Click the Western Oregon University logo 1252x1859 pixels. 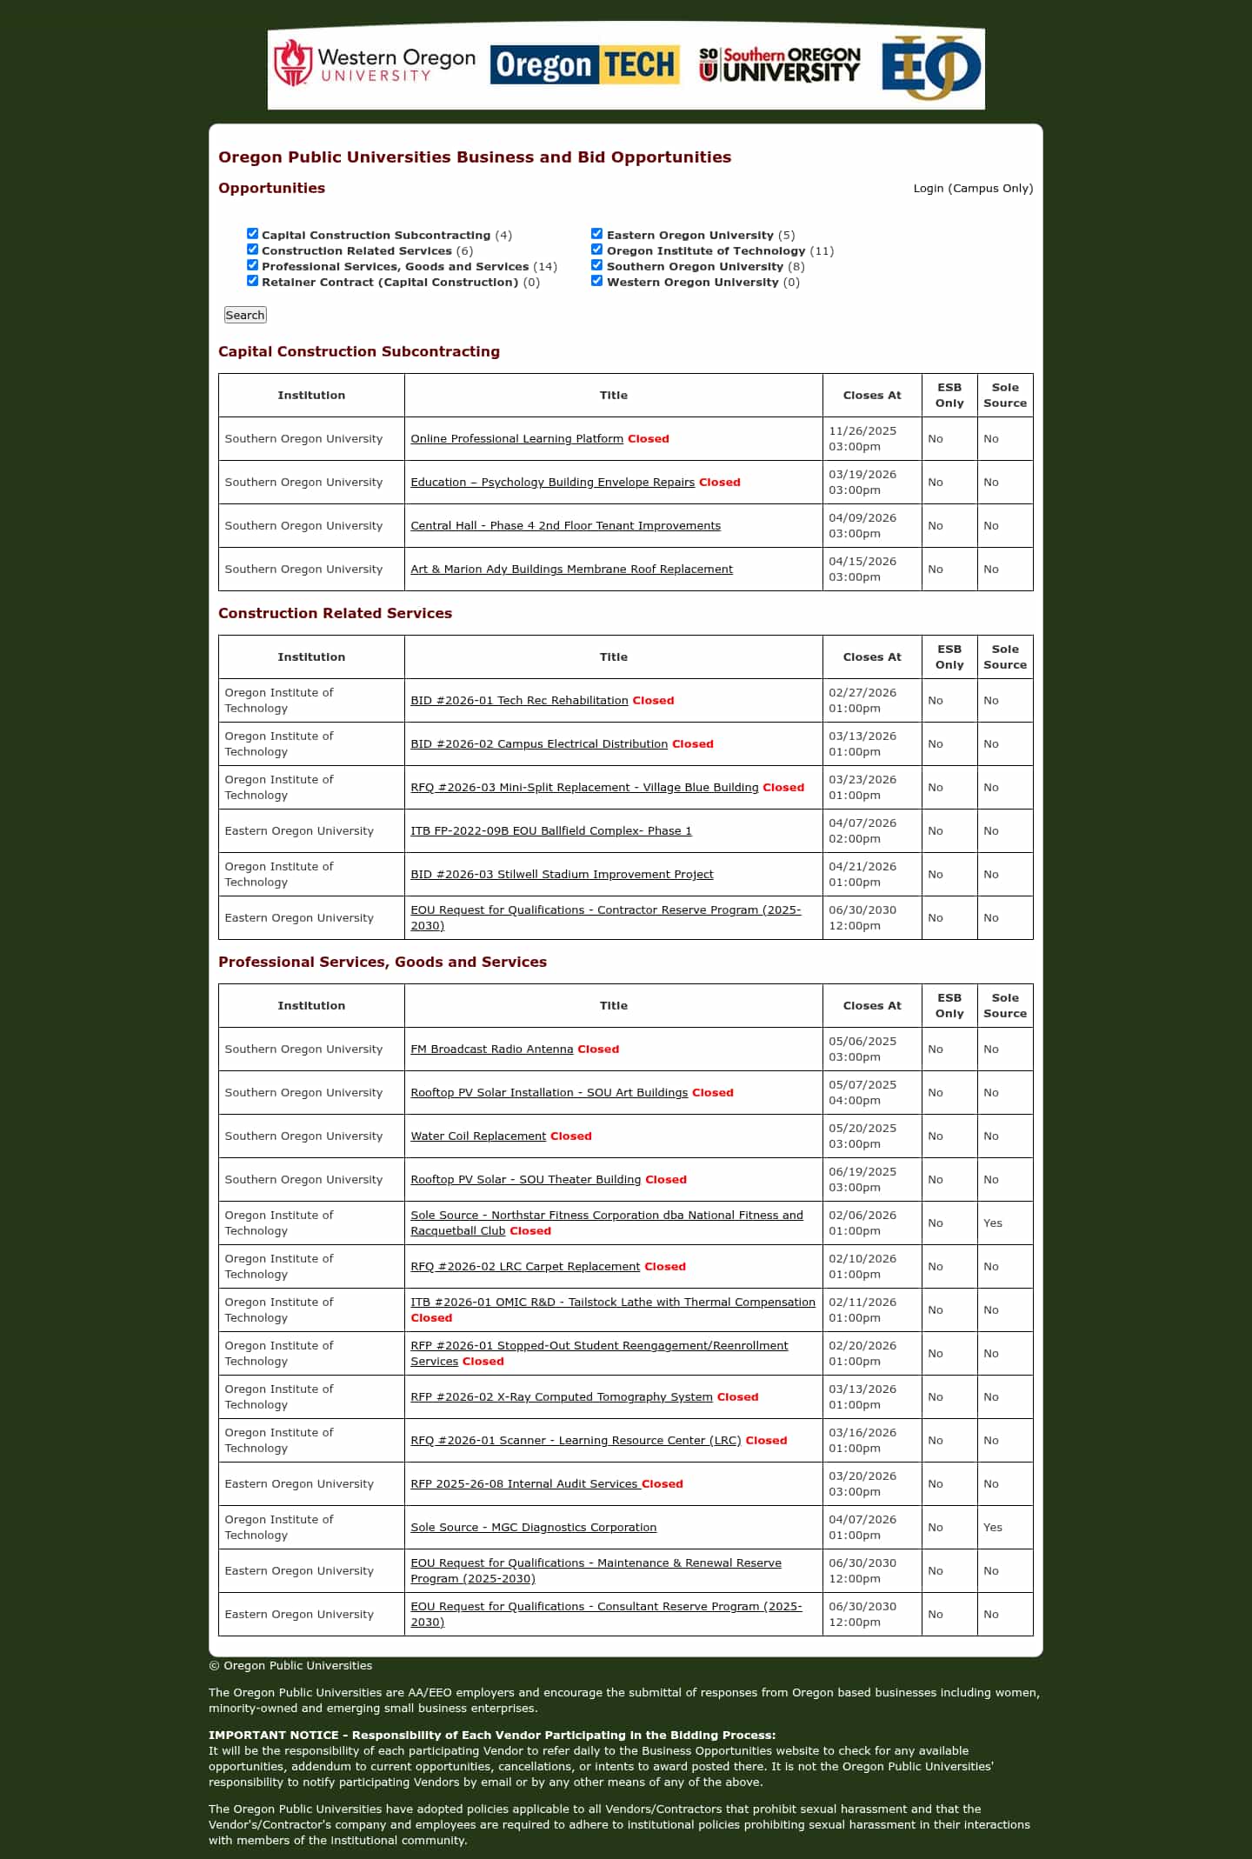pos(375,64)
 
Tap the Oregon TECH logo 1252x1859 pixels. pos(584,64)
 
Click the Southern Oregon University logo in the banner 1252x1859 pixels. pos(779,64)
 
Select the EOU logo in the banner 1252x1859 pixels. pos(931,66)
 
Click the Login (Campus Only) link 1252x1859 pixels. pos(973,189)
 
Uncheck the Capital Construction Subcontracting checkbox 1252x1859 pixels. pos(253,234)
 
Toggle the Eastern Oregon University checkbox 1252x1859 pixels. pos(597,234)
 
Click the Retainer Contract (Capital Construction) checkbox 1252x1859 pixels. pos(253,281)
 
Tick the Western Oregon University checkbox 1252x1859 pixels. pos(597,281)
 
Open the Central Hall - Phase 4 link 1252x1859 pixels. pos(565,526)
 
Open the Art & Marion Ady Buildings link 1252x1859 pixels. pos(571,570)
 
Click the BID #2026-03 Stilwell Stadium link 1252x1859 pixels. pos(562,875)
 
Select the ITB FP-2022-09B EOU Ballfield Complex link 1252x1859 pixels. pos(551,831)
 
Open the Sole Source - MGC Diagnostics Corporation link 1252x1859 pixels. pos(533,1528)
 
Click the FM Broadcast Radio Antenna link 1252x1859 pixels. pos(491,1049)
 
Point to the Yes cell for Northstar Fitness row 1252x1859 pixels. pos(993,1223)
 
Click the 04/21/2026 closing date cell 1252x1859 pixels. pos(862,875)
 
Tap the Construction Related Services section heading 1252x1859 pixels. pos(335,614)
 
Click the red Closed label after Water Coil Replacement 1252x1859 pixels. pos(570,1136)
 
